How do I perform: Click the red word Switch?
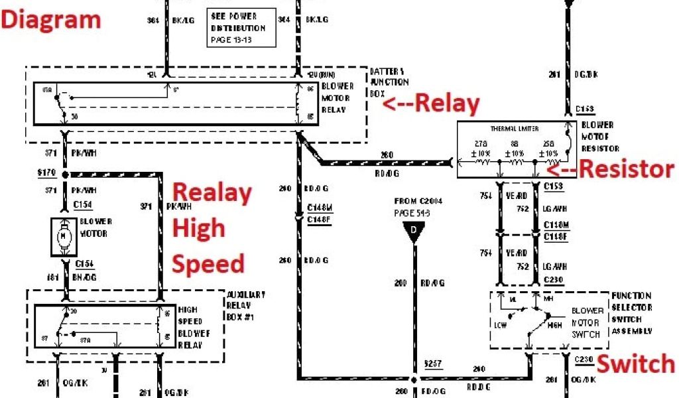[x=635, y=364]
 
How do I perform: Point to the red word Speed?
[x=208, y=263]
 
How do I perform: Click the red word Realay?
[x=212, y=194]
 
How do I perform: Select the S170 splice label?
[x=46, y=173]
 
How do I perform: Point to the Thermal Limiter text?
[x=515, y=129]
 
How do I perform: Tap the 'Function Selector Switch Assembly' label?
[x=631, y=313]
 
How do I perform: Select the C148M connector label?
[x=319, y=208]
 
